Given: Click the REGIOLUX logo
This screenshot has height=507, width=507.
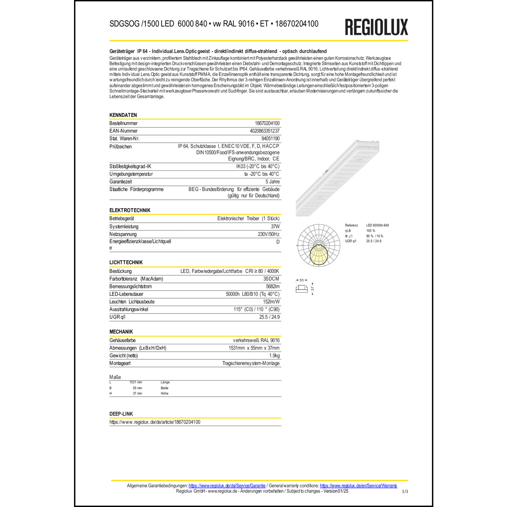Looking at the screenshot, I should [x=376, y=27].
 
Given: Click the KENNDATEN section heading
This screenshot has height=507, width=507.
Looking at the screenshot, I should [x=123, y=115].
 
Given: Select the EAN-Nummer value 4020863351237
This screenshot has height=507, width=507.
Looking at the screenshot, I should [x=264, y=131].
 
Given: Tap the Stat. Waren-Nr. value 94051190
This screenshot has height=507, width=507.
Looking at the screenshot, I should [x=270, y=139].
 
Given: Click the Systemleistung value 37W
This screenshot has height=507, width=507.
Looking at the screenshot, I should [x=275, y=226].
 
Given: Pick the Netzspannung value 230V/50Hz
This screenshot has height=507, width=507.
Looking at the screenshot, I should [x=268, y=234].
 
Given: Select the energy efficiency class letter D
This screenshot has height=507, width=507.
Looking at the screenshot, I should [x=278, y=242].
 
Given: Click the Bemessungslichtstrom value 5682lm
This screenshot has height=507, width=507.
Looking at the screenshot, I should [x=272, y=286].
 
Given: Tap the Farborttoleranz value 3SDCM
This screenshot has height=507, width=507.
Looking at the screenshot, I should [x=271, y=279].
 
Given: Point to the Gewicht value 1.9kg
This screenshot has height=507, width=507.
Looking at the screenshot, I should [x=274, y=356].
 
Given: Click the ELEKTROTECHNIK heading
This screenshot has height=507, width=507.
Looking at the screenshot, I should [x=130, y=210].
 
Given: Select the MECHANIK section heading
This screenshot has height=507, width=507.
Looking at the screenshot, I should [x=121, y=332].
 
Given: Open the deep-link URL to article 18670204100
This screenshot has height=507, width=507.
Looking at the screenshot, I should [x=155, y=422].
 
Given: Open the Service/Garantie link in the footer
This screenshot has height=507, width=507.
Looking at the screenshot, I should [x=227, y=486].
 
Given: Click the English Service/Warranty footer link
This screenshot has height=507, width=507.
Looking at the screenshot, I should [x=358, y=486].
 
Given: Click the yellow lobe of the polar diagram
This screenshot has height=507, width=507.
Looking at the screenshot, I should [x=318, y=255].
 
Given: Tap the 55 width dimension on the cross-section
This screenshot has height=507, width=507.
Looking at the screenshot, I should [x=301, y=280].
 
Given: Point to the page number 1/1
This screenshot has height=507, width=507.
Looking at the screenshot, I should [x=405, y=491].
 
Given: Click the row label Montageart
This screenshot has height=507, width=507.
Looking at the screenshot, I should [x=120, y=363].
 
